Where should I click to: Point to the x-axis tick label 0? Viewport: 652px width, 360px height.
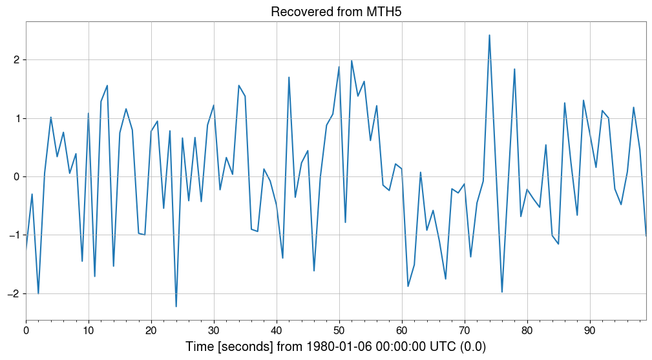[x=26, y=330]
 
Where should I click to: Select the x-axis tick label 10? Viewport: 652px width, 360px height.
[x=89, y=330]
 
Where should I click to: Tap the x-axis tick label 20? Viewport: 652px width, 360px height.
[x=151, y=330]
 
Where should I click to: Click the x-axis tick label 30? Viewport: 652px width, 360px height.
[x=214, y=330]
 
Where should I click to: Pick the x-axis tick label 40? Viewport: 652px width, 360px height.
[x=277, y=330]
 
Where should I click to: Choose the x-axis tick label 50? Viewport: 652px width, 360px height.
[x=339, y=330]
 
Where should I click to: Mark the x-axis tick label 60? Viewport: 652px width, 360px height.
[x=402, y=330]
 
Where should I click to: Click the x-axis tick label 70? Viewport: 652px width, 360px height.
[x=465, y=330]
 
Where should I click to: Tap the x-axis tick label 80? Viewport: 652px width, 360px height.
[x=527, y=330]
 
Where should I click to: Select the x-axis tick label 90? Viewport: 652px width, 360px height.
[x=590, y=330]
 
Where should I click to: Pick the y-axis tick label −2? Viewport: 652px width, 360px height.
[x=13, y=293]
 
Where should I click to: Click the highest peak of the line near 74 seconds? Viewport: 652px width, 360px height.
[x=489, y=36]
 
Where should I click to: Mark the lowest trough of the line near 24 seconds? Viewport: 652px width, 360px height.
[x=176, y=306]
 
